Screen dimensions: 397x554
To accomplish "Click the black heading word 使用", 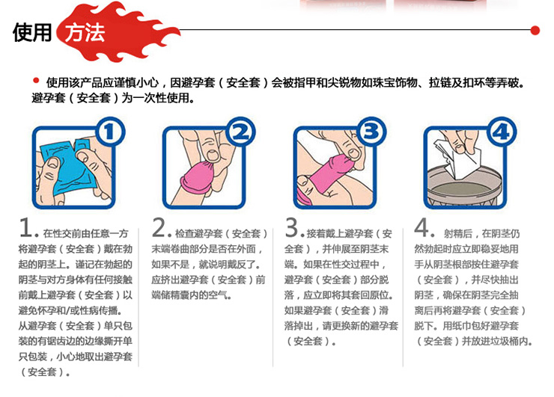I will [x=33, y=34].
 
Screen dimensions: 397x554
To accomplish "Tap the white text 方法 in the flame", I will [x=85, y=34].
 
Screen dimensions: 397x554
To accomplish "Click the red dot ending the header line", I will [x=535, y=31].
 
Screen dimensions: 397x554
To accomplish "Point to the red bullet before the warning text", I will [x=35, y=81].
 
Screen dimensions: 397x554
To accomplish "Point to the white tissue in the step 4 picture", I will [x=467, y=154].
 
